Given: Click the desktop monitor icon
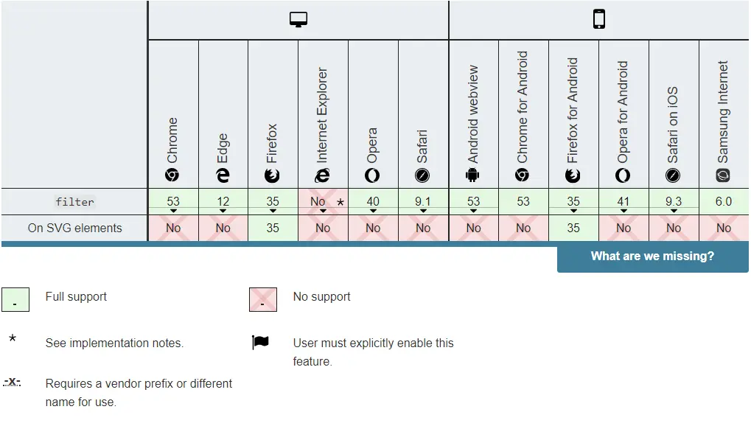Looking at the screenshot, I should [x=298, y=20].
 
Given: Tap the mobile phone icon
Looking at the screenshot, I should [x=599, y=20].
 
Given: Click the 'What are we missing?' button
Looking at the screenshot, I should [x=652, y=256].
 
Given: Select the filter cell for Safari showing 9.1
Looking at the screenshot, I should [x=423, y=201].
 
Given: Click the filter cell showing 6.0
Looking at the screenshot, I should [x=724, y=201].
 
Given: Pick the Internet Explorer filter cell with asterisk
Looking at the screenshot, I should [x=323, y=201].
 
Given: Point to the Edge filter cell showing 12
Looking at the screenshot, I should [x=223, y=201].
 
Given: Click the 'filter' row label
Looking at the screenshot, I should [x=74, y=201].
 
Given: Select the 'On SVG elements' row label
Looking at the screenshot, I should [x=74, y=228].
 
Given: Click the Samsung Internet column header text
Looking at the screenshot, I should [x=723, y=112].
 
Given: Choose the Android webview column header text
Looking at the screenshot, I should [x=473, y=114].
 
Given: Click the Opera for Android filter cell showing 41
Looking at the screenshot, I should [x=623, y=201].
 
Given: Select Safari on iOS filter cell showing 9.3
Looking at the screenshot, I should [x=674, y=201].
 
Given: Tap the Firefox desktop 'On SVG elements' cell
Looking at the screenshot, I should [x=273, y=228].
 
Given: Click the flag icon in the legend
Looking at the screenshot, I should [x=260, y=343].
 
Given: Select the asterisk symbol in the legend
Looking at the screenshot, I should [x=13, y=341].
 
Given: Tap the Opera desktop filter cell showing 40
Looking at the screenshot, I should [x=373, y=201].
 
